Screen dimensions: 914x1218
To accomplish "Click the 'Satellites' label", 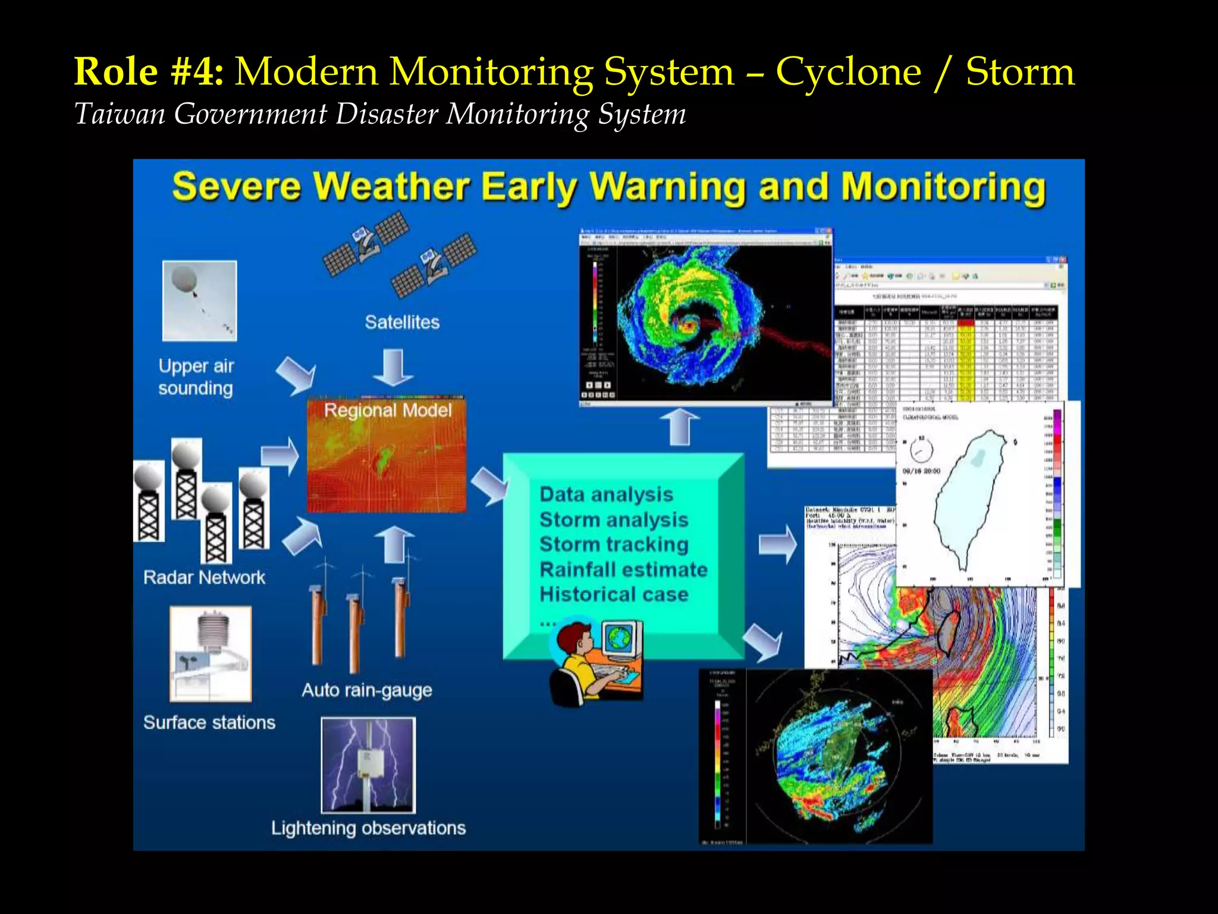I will pos(402,322).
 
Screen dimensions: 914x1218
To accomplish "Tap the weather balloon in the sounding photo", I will pos(184,279).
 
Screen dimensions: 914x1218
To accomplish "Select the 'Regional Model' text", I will pos(387,410).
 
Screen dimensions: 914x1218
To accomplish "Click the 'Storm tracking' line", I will pos(614,544).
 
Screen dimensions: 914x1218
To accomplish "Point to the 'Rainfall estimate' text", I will pos(623,569).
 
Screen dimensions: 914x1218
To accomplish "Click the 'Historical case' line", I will pos(614,594).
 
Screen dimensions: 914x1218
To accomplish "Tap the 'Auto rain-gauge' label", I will pos(366,690).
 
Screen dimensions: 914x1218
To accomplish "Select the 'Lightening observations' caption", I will pos(368,828).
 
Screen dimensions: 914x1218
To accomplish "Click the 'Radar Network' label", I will pos(204,577).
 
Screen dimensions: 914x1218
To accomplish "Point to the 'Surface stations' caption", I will pos(209,722).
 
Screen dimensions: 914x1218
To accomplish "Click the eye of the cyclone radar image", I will pos(690,325).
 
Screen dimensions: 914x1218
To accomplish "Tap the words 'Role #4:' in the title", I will pos(149,72).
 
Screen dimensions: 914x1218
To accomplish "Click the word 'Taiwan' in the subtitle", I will pos(120,114).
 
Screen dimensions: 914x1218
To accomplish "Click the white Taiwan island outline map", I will pos(969,494).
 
